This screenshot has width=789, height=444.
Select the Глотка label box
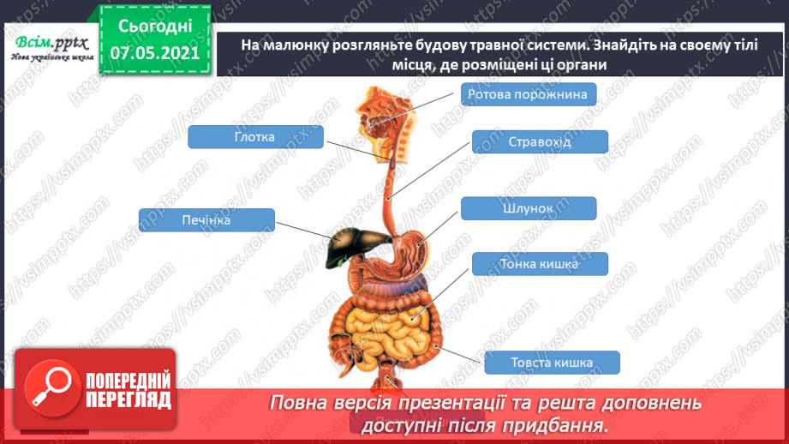click(254, 136)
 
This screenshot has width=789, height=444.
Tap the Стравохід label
click(539, 141)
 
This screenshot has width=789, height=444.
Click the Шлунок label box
click(528, 208)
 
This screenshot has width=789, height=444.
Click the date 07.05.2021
click(154, 53)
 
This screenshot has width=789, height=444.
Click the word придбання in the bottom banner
click(560, 425)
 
